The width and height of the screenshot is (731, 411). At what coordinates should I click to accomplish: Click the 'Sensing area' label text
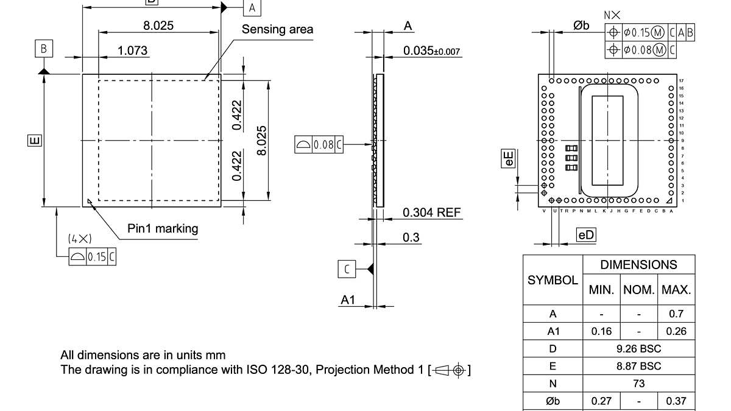click(x=277, y=29)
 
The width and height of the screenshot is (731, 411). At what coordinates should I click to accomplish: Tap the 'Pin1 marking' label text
click(x=163, y=229)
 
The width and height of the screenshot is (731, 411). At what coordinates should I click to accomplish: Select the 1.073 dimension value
click(x=133, y=51)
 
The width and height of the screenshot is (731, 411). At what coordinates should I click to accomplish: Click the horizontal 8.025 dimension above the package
click(x=158, y=26)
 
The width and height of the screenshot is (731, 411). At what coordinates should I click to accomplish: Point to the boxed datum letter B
click(x=44, y=48)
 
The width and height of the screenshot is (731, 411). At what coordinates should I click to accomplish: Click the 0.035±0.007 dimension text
click(x=431, y=51)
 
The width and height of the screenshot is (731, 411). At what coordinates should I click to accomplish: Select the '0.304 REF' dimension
click(x=431, y=213)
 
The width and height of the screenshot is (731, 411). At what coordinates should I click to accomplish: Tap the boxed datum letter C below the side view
click(x=347, y=269)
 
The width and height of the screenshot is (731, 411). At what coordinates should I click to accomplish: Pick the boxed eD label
click(x=586, y=235)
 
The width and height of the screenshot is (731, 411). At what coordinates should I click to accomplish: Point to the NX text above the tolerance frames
click(x=612, y=15)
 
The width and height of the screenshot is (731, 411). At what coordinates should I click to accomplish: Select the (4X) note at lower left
click(x=79, y=238)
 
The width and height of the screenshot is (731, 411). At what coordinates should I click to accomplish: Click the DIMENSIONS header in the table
click(x=638, y=265)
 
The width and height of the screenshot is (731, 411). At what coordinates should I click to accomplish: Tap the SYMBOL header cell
click(x=553, y=280)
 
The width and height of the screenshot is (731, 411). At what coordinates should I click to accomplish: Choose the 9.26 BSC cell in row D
click(x=638, y=349)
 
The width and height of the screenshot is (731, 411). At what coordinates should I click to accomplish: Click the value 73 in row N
click(x=638, y=384)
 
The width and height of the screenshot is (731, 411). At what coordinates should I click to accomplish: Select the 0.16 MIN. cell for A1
click(x=601, y=331)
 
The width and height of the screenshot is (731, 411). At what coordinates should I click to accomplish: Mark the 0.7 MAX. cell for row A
click(x=676, y=314)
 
